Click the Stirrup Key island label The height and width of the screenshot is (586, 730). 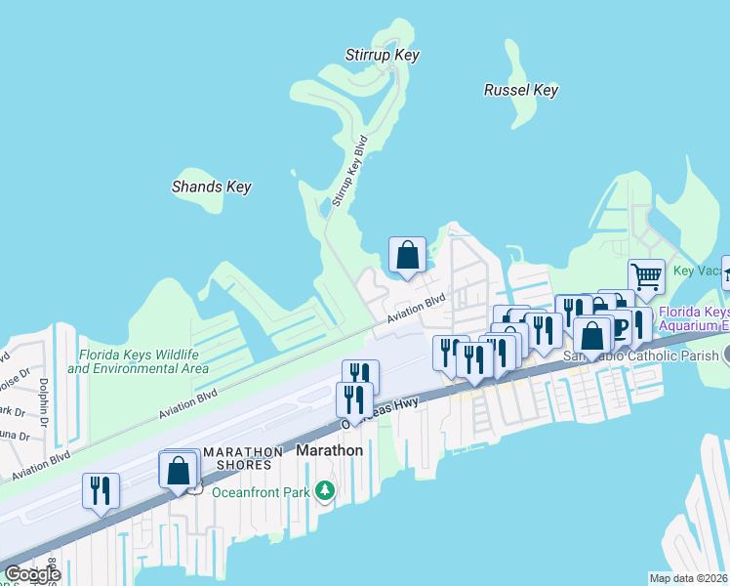click(383, 55)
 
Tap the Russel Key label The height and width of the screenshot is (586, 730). click(521, 90)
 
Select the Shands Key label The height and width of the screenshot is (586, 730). click(212, 187)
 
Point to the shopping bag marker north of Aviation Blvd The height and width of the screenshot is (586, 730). click(407, 255)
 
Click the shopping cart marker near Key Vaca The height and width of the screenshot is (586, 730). click(645, 276)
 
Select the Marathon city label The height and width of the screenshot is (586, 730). click(329, 450)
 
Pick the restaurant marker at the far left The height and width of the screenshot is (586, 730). click(101, 489)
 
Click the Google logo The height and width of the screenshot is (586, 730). click(31, 574)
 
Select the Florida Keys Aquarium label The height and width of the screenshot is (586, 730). click(694, 318)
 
